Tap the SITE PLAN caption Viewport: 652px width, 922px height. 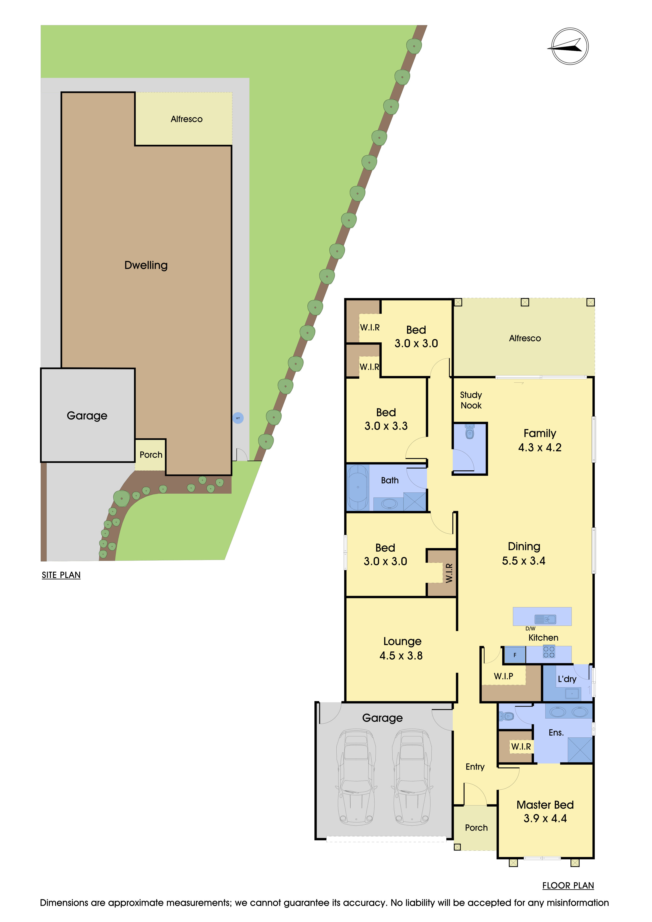coord(61,575)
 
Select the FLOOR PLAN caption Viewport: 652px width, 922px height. coord(568,885)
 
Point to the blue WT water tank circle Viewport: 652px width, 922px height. coord(238,418)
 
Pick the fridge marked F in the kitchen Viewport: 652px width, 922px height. coord(515,655)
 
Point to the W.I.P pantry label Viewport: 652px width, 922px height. coord(503,676)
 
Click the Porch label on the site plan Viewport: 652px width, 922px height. coord(151,455)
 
